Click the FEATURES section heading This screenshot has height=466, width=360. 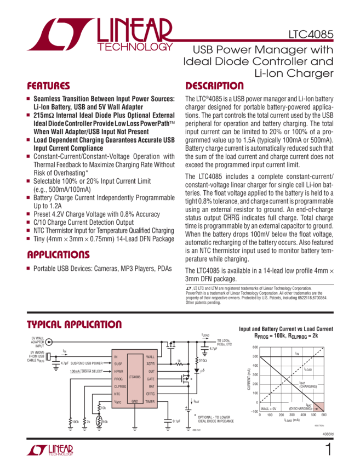[x=49, y=87]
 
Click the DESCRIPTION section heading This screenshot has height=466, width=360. [x=214, y=87]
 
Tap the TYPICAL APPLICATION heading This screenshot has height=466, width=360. [x=74, y=325]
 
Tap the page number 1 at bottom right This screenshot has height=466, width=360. [x=328, y=450]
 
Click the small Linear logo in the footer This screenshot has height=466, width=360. [x=49, y=450]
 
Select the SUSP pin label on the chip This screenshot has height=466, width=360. [x=119, y=364]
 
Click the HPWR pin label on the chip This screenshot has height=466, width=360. [x=119, y=371]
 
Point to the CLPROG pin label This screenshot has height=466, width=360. [x=121, y=386]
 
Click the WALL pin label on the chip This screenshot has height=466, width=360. [x=150, y=357]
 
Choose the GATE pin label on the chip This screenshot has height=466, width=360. [x=150, y=379]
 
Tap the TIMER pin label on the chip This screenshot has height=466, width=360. [x=150, y=401]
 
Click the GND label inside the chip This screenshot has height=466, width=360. [x=135, y=401]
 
